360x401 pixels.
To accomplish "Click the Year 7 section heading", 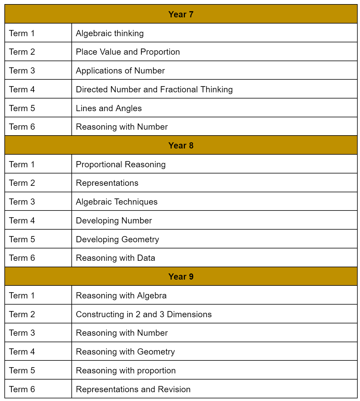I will (181, 14).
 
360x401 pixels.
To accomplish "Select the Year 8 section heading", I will (181, 146).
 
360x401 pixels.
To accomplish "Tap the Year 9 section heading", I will (181, 277).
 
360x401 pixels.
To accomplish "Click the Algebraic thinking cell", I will (110, 33).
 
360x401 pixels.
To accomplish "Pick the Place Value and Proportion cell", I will (128, 52).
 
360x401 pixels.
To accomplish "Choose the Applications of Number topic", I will (120, 71).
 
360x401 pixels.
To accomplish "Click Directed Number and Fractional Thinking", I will (154, 89).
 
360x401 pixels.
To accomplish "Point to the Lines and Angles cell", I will (109, 108).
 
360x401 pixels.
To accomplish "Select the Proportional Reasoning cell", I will (120, 164).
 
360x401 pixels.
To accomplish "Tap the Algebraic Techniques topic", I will (116, 202).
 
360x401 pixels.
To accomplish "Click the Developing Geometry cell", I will (117, 239).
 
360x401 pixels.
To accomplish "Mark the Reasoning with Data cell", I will (115, 258).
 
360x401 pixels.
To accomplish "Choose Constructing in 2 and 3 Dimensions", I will (144, 314).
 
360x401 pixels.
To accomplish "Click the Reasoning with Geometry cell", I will (125, 352).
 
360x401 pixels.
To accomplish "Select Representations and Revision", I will (133, 389).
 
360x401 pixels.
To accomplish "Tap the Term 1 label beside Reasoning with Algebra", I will (22, 295).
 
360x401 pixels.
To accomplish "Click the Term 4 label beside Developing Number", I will (22, 220).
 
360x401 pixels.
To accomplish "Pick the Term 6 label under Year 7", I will (22, 127).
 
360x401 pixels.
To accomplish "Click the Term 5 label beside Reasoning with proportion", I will (22, 370).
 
